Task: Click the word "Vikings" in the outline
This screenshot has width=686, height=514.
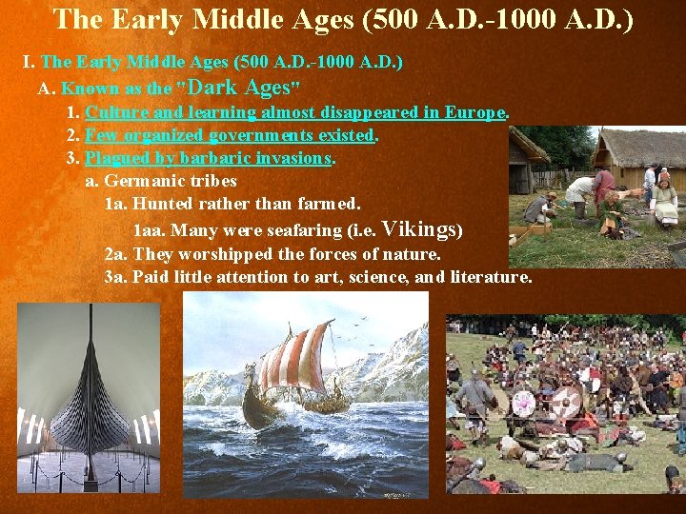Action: point(419,228)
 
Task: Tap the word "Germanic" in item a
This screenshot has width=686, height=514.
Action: point(143,181)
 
